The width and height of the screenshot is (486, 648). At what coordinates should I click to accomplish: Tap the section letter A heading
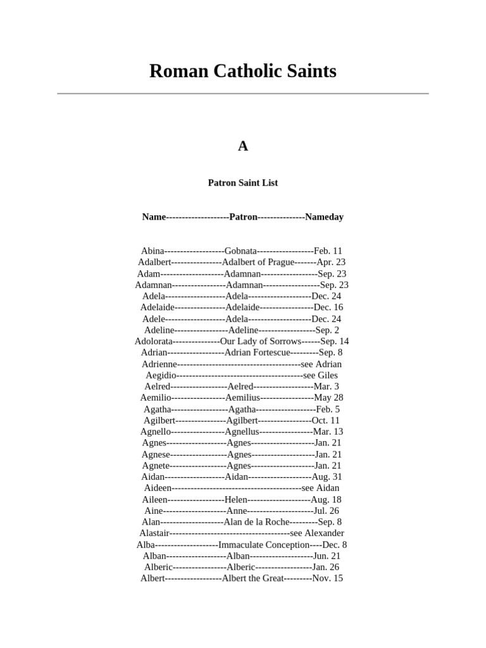(x=243, y=146)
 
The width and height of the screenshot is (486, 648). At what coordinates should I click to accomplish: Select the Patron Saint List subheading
(x=243, y=183)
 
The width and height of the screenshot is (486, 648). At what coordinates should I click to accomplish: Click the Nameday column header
(x=324, y=217)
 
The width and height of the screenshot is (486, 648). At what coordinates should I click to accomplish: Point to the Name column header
(x=154, y=217)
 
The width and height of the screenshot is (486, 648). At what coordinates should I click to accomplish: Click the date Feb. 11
(x=328, y=251)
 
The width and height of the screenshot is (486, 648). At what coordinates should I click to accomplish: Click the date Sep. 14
(x=335, y=341)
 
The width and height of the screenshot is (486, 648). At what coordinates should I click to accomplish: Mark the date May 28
(x=328, y=397)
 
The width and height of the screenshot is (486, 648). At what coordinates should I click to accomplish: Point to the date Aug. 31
(x=327, y=477)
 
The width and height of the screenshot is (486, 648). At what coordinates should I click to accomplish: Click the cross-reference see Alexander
(x=317, y=533)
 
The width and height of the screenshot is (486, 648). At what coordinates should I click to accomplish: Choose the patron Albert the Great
(x=252, y=578)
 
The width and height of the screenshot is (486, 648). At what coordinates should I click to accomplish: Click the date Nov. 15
(x=328, y=578)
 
